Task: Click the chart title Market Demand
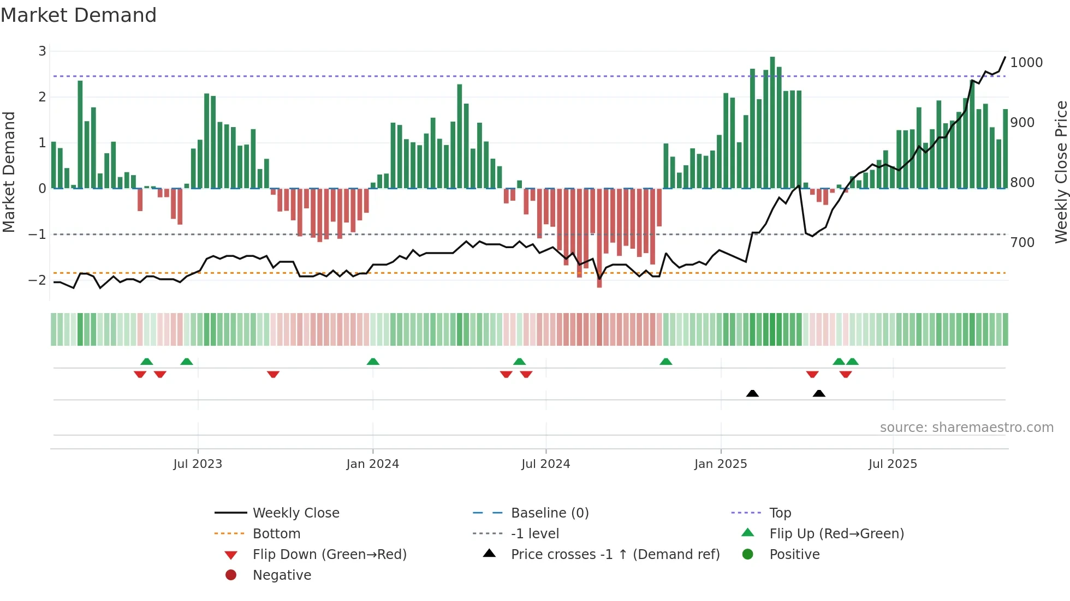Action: coord(79,15)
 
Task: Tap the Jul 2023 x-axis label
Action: coord(198,464)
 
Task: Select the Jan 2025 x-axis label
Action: coord(721,464)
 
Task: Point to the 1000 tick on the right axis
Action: coord(1026,63)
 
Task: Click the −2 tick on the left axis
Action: coord(37,280)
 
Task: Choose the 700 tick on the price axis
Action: coord(1022,243)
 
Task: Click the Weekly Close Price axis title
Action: coord(1061,172)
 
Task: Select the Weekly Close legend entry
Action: coord(295,513)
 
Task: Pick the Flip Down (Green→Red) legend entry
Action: coord(329,555)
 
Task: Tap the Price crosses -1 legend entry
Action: coord(615,555)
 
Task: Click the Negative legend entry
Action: coord(282,575)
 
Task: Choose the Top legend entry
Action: coord(780,513)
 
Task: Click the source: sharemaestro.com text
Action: coord(966,428)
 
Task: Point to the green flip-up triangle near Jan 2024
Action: coord(373,362)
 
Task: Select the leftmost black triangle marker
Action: coord(752,393)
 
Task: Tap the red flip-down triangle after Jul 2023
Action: coord(274,374)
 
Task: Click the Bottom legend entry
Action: coord(276,534)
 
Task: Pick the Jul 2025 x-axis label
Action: coord(893,464)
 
